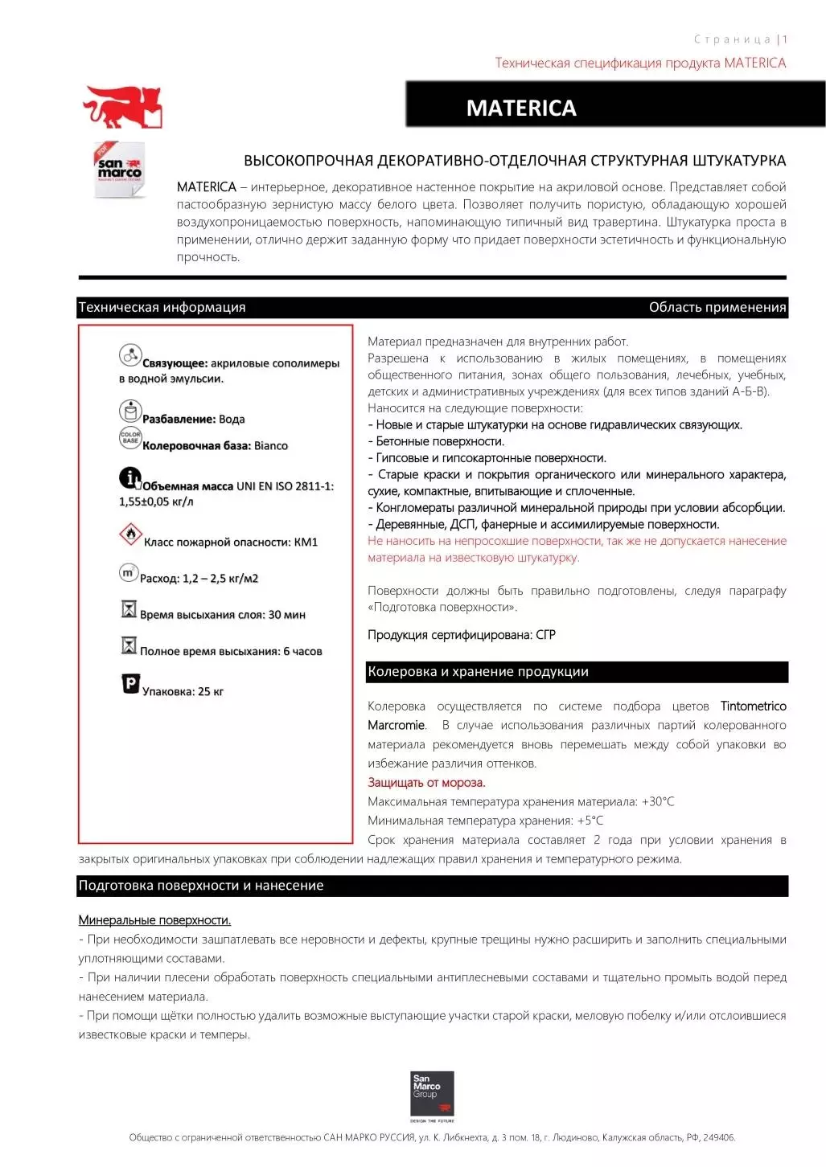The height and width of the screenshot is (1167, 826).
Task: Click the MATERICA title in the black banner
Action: point(521,109)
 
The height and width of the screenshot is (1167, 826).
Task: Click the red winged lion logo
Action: point(123,108)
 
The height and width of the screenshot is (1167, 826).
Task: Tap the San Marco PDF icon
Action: point(119,170)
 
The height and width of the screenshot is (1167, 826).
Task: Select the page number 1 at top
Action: point(785,39)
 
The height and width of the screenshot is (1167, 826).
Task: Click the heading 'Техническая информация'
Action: point(162,307)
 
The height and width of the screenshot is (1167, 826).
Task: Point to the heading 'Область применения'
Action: point(717,307)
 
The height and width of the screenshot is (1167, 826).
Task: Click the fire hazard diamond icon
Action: point(130,534)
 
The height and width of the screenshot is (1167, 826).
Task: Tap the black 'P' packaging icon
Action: point(130,684)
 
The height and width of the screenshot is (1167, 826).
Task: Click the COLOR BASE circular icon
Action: point(130,438)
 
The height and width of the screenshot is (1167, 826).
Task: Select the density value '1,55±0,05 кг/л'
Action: point(156,502)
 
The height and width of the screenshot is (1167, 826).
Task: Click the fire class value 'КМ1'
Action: point(306,543)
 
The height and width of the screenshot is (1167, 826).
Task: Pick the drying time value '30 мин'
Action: point(286,615)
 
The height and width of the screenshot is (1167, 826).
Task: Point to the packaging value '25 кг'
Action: point(211,691)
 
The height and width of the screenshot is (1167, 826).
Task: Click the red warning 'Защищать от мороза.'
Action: point(426,783)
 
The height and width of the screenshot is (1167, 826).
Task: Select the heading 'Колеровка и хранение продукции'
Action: point(478,672)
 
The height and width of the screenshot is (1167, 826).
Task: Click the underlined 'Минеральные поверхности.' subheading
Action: point(154,920)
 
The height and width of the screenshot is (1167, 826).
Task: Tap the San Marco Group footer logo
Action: point(432,1093)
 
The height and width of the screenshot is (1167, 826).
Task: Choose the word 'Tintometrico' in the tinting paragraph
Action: point(753,706)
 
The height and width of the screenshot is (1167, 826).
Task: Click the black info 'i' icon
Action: point(130,478)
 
